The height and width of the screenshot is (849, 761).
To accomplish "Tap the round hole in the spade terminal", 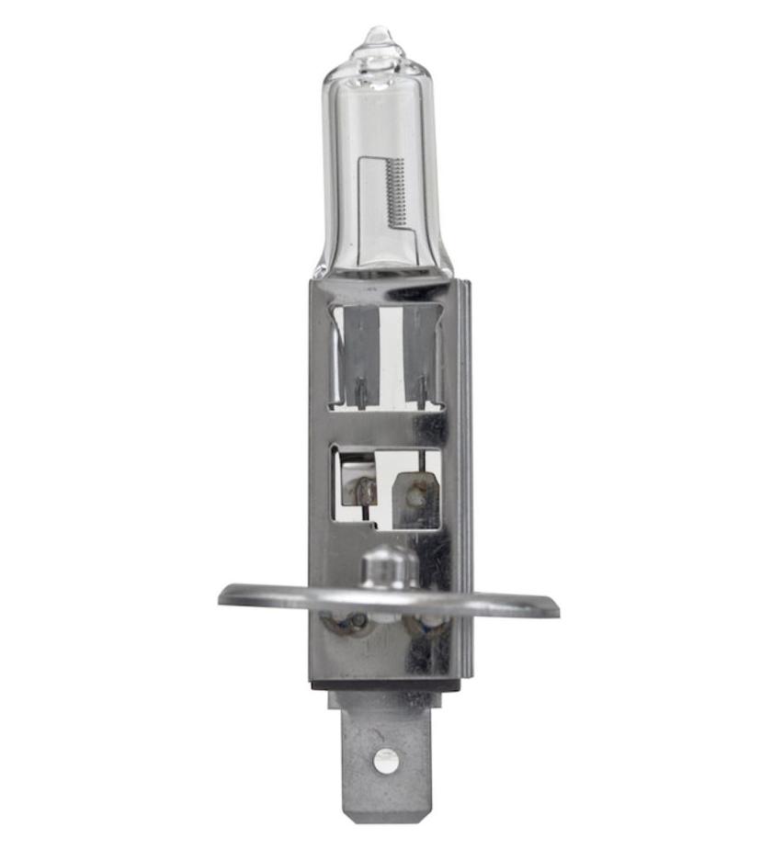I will pos(387,759).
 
